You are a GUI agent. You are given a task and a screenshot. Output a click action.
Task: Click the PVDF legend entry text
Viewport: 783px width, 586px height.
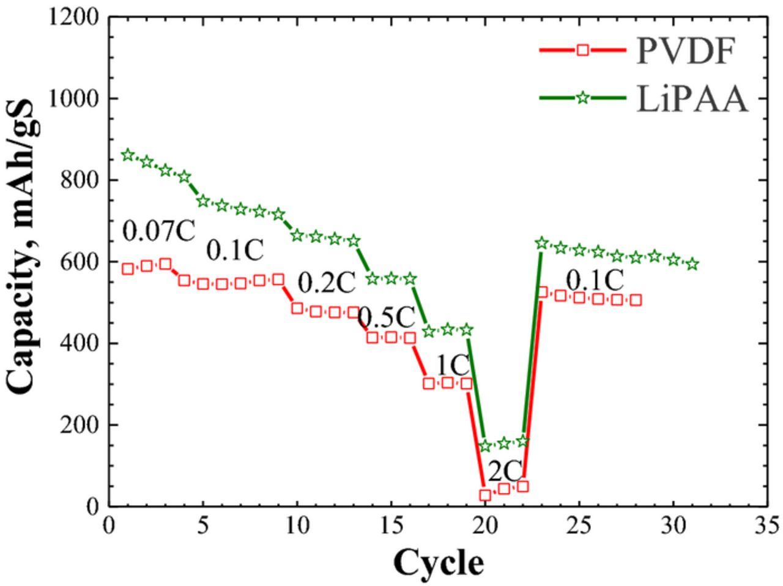click(x=684, y=51)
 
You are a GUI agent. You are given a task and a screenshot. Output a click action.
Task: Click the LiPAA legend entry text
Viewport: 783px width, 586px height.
click(x=692, y=99)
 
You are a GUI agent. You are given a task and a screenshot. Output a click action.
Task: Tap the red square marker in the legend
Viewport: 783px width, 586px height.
click(x=583, y=50)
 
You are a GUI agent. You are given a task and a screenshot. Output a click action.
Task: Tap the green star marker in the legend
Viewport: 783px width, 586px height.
click(x=583, y=98)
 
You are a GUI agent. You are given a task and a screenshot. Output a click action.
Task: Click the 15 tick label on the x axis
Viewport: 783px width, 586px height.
click(x=390, y=525)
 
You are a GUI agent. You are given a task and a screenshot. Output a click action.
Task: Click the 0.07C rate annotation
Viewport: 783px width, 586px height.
click(x=158, y=231)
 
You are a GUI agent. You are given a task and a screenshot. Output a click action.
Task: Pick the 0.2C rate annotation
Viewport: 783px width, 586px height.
click(x=326, y=283)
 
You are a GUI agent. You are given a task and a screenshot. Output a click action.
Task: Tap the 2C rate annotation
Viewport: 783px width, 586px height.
click(x=505, y=471)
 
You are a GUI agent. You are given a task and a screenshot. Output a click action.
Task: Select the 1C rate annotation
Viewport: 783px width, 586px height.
click(x=453, y=365)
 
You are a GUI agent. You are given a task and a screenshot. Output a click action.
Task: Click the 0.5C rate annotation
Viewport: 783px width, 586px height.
click(x=386, y=317)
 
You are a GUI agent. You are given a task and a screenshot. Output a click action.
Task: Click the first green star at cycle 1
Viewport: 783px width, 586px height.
click(x=128, y=155)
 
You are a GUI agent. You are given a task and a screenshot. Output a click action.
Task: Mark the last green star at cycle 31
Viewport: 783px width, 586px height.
click(x=692, y=264)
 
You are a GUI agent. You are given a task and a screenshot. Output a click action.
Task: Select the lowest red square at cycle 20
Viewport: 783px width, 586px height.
click(x=485, y=495)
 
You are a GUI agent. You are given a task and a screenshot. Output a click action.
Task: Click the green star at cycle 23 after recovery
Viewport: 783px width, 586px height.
click(x=541, y=243)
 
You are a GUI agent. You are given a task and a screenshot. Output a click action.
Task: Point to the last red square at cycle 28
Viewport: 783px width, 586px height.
click(x=636, y=300)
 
